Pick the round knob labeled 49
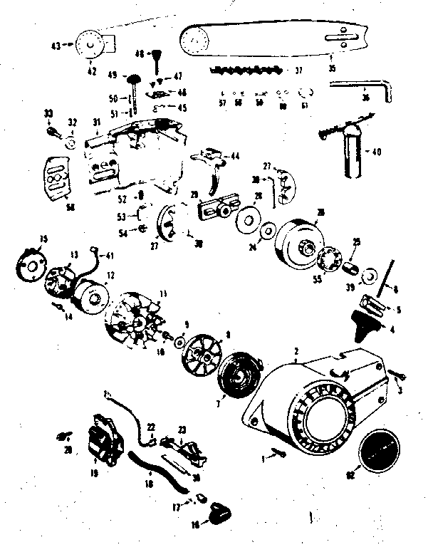(x=133, y=76)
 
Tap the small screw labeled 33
(x=51, y=130)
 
